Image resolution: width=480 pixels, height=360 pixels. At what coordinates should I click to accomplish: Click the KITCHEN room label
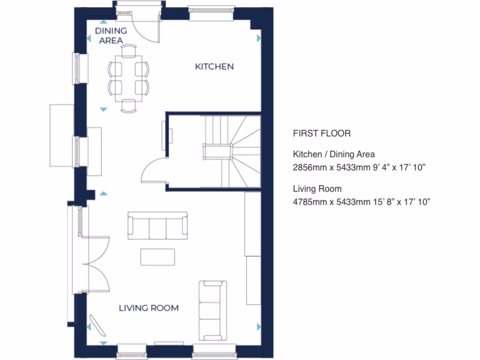click(x=214, y=67)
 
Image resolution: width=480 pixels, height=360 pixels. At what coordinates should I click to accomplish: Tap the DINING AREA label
click(x=111, y=36)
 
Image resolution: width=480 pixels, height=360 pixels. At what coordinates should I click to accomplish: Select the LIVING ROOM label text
click(x=149, y=308)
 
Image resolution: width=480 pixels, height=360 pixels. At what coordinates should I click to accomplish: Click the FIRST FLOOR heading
click(x=322, y=134)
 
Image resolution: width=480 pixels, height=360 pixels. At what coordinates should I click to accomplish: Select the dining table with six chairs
click(x=129, y=78)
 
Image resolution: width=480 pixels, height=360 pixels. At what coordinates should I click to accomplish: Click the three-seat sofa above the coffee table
click(x=158, y=226)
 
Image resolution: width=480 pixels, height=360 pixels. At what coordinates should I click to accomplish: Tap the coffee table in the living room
click(x=157, y=257)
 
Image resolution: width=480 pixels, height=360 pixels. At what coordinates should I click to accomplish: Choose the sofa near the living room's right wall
click(x=213, y=311)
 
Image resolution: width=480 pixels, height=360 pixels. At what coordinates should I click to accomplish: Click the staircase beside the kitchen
click(x=232, y=151)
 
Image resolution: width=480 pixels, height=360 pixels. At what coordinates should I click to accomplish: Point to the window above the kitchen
click(x=210, y=14)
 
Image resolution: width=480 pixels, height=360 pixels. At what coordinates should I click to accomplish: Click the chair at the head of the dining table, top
click(x=129, y=50)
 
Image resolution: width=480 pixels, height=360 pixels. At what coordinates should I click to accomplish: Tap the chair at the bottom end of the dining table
click(x=129, y=106)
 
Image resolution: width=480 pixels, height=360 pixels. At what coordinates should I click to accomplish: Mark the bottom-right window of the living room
click(x=214, y=350)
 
